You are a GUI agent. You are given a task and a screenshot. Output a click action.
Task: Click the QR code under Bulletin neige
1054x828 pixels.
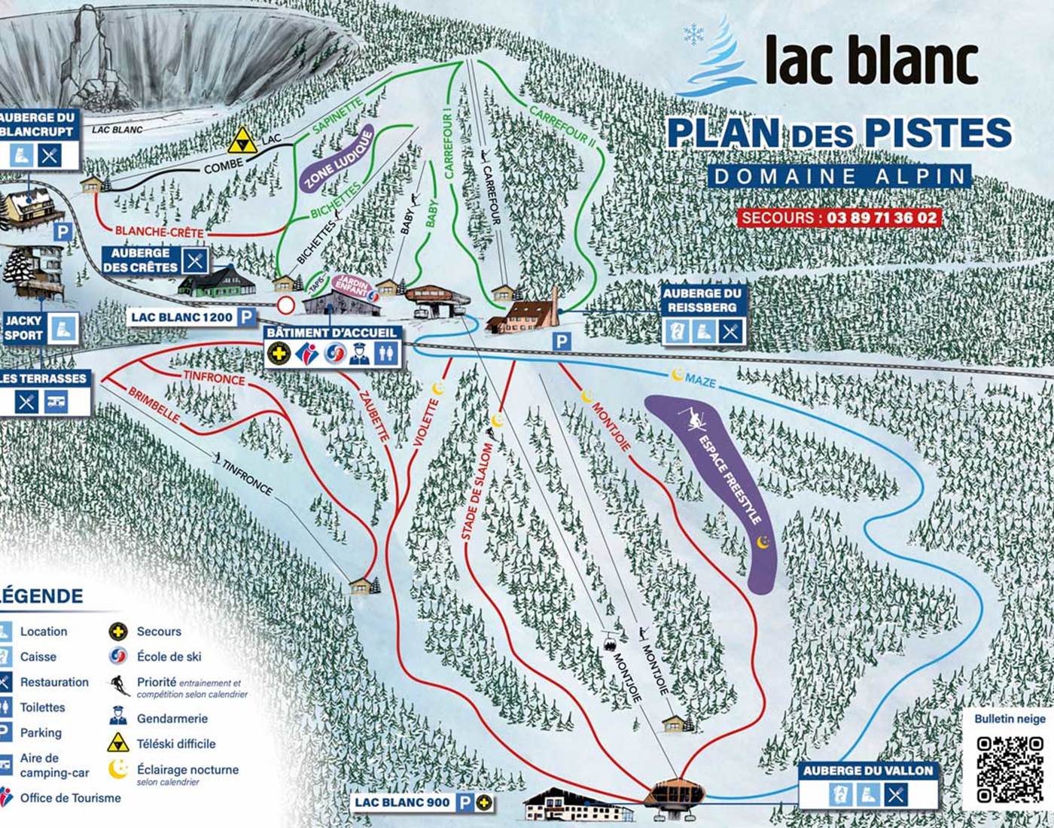click(x=1010, y=769)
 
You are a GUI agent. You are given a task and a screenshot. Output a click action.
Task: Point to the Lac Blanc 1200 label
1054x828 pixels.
click(x=181, y=318)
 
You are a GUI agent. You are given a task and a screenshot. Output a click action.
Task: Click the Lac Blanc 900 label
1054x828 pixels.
click(x=402, y=802)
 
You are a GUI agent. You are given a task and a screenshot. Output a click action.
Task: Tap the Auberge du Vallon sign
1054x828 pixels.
click(x=867, y=771)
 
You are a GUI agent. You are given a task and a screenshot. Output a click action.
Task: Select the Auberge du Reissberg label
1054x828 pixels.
click(x=701, y=300)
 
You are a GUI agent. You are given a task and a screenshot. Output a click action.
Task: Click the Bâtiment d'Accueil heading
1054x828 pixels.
click(x=331, y=333)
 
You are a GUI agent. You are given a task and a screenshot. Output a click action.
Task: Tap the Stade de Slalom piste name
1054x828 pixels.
click(x=476, y=492)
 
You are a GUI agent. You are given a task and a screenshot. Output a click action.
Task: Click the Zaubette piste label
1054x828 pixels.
click(x=374, y=416)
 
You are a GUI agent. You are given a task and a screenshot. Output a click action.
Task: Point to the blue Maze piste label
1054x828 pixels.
click(x=700, y=381)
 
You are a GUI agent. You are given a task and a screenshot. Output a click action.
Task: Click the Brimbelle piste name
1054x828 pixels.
click(x=154, y=405)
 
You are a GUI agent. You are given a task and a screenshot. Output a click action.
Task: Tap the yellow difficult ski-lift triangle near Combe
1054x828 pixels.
click(x=242, y=141)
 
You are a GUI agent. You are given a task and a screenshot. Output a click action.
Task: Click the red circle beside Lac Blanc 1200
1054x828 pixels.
click(x=286, y=306)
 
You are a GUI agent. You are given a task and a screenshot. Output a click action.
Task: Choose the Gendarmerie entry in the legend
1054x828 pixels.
click(x=172, y=718)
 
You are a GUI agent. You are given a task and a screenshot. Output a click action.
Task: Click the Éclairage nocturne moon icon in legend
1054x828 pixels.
click(x=118, y=769)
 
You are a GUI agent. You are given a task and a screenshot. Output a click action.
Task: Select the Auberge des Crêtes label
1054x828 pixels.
click(x=141, y=260)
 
